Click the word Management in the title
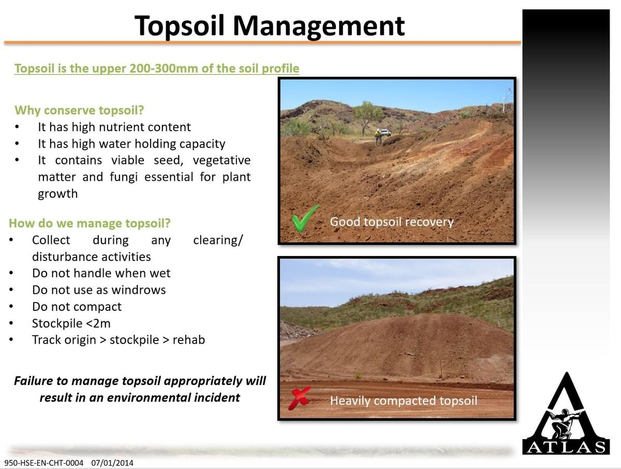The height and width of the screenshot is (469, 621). tap(318, 26)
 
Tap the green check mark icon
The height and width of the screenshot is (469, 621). tap(305, 218)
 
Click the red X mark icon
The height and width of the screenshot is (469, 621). tap(299, 398)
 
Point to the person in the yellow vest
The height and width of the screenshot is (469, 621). tap(378, 137)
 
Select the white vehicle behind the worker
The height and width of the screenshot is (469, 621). tap(386, 132)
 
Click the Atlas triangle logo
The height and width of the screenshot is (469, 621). tap(566, 414)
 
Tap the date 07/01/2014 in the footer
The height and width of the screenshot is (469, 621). tap(112, 463)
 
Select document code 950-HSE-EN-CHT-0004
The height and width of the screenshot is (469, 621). tap(44, 463)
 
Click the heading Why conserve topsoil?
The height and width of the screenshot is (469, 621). tap(79, 110)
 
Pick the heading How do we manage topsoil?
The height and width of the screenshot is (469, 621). tap(90, 223)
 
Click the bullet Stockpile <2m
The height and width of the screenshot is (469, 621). tap(71, 323)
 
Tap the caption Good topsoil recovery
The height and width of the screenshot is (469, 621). tap(392, 222)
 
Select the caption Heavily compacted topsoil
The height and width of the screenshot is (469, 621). tap(404, 401)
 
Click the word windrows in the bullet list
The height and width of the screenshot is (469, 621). tap(139, 290)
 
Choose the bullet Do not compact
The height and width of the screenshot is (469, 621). tap(77, 307)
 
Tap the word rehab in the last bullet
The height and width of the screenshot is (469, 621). tap(189, 340)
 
